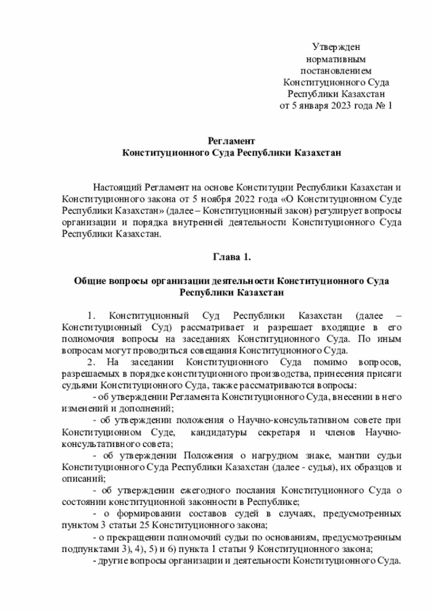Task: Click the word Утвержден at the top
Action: [336, 47]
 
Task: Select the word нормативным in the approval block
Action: [336, 59]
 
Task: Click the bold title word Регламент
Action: [232, 141]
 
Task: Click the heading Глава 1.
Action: [232, 257]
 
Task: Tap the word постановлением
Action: [336, 70]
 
